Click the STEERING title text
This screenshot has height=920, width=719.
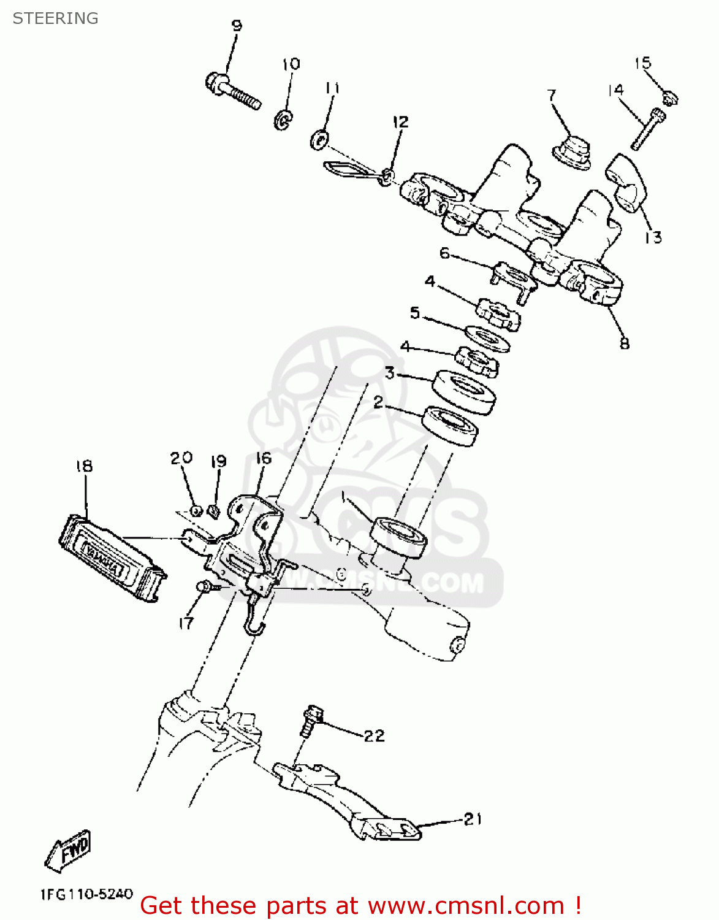[55, 18]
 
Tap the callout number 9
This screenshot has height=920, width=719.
[237, 26]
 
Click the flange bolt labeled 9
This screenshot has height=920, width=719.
[232, 91]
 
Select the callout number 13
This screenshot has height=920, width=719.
[653, 237]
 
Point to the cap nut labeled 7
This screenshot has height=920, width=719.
[573, 153]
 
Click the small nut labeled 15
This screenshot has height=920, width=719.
[669, 98]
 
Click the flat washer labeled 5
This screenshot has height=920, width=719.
[487, 339]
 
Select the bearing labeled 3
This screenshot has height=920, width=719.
[464, 392]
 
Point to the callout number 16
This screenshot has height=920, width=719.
[263, 458]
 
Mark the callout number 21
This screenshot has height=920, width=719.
[473, 819]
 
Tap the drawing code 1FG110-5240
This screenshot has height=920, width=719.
[86, 894]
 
